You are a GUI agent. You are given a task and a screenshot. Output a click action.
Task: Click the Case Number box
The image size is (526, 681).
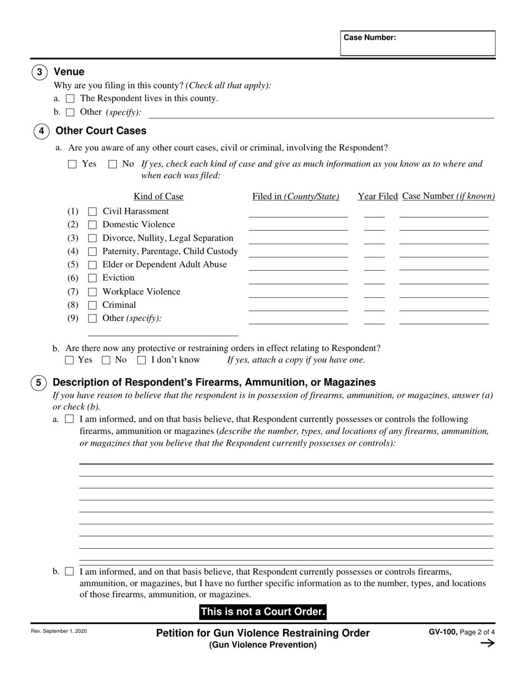[417, 43]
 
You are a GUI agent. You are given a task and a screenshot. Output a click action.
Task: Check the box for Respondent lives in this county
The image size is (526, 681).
[70, 99]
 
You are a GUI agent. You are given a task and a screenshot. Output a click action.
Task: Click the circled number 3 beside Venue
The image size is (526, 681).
[39, 72]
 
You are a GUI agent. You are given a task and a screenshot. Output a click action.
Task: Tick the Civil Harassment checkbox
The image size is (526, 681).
[92, 211]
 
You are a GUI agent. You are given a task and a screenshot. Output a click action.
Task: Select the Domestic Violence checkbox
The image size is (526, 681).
[92, 225]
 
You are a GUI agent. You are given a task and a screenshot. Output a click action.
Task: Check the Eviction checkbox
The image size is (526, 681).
[92, 278]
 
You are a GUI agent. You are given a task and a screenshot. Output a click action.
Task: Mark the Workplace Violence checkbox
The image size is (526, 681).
[92, 292]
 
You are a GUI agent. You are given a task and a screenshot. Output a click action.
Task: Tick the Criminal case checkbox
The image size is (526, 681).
[92, 305]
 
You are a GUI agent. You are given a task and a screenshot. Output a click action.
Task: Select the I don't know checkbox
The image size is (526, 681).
[142, 360]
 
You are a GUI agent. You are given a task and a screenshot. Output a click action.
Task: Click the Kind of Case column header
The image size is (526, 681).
[158, 197]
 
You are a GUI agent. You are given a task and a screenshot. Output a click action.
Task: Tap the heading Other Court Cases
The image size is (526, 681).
[101, 131]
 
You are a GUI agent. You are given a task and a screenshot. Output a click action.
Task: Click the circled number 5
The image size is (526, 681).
[38, 383]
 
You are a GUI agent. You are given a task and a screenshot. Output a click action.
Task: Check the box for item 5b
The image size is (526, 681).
[69, 571]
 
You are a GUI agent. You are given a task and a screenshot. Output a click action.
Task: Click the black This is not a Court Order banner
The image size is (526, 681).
[262, 612]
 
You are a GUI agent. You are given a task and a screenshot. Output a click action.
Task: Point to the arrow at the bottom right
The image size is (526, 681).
[487, 643]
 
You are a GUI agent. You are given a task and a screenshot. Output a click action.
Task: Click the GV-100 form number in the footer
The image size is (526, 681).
[442, 632]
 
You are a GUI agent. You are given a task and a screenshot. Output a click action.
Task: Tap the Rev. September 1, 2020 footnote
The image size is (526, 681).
[59, 631]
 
